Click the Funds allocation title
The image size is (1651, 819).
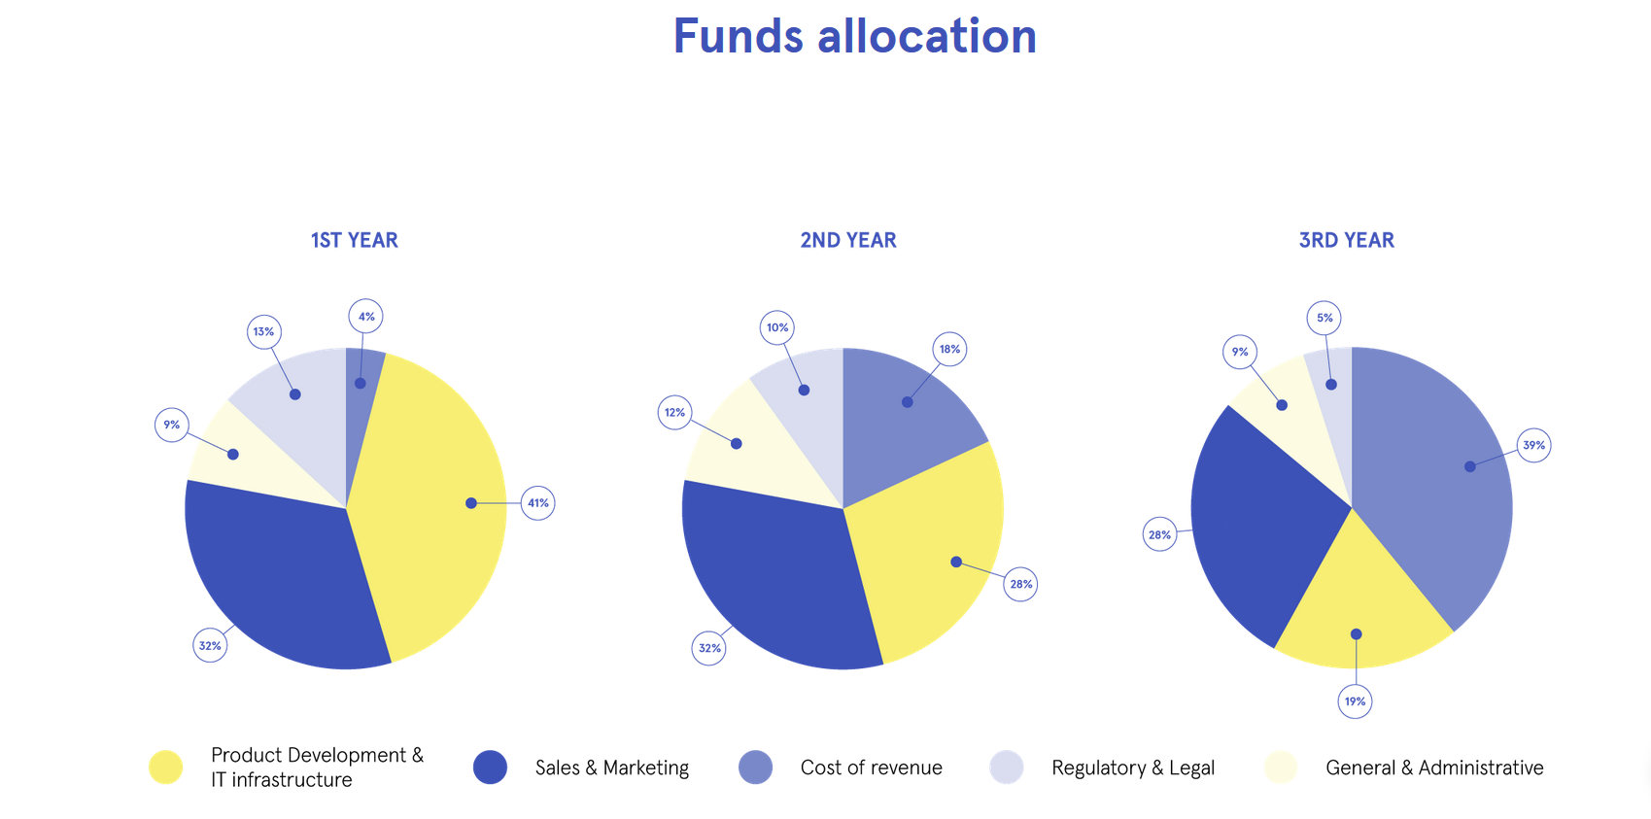click(x=855, y=36)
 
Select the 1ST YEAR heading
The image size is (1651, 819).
click(x=354, y=240)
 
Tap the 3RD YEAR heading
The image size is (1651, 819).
click(x=1347, y=240)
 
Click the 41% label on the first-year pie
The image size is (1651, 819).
click(x=538, y=503)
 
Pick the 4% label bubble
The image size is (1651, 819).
click(x=366, y=317)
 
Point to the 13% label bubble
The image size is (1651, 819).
click(x=264, y=331)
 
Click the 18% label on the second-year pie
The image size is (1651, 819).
click(x=950, y=350)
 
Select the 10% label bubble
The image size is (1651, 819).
click(x=777, y=327)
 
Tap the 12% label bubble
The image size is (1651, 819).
click(x=675, y=413)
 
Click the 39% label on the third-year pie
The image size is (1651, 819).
click(x=1533, y=445)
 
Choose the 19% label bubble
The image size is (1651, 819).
click(x=1356, y=701)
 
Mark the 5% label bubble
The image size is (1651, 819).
click(x=1324, y=319)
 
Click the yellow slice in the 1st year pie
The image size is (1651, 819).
click(x=435, y=509)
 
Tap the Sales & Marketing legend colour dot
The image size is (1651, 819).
click(x=490, y=768)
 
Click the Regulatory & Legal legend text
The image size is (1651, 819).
click(x=1133, y=768)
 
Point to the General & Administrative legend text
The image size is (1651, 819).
click(x=1434, y=768)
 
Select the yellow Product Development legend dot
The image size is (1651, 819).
click(x=166, y=768)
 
